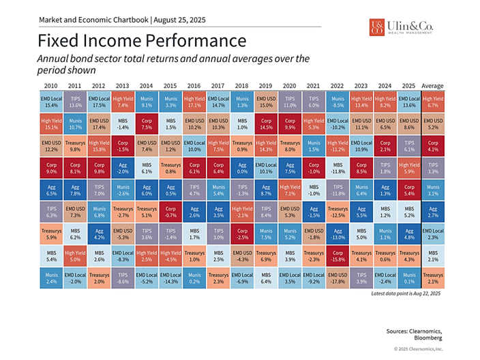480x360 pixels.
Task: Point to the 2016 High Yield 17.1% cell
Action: [194, 102]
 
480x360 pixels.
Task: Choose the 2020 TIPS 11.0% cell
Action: [289, 102]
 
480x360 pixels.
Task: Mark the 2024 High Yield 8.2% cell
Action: [385, 102]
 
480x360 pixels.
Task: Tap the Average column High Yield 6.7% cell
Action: [432, 102]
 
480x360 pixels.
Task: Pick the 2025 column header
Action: [408, 86]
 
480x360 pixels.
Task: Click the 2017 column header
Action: [217, 86]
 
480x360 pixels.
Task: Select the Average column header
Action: [432, 86]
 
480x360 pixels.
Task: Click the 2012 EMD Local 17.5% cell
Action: [99, 102]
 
